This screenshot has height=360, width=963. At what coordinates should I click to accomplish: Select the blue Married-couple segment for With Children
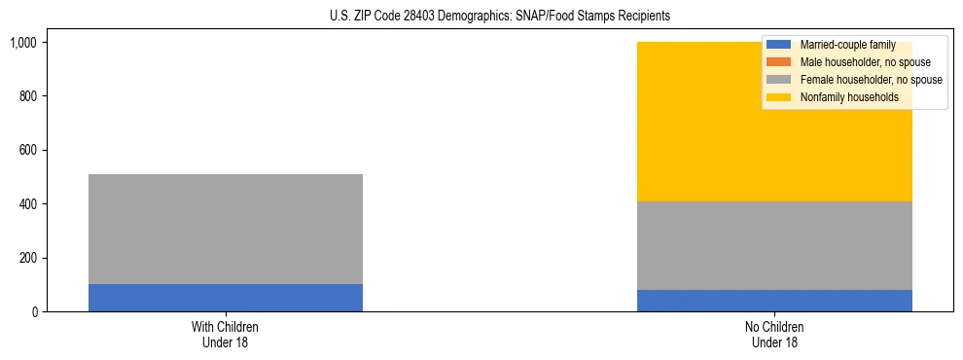[x=226, y=298]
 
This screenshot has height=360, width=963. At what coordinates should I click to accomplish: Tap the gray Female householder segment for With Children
[x=226, y=229]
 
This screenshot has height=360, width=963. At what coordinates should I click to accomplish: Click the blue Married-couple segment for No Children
[x=774, y=301]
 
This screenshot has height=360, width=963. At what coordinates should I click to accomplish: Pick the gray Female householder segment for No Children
[x=774, y=245]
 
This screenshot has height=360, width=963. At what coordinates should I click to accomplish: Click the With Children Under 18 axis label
[x=226, y=335]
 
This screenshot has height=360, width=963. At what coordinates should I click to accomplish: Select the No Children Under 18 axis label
[x=774, y=335]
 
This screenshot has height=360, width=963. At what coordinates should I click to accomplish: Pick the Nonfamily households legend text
[x=849, y=97]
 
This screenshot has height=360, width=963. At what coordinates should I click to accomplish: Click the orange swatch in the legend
[x=778, y=62]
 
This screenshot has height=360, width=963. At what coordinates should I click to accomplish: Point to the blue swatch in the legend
[x=778, y=45]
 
